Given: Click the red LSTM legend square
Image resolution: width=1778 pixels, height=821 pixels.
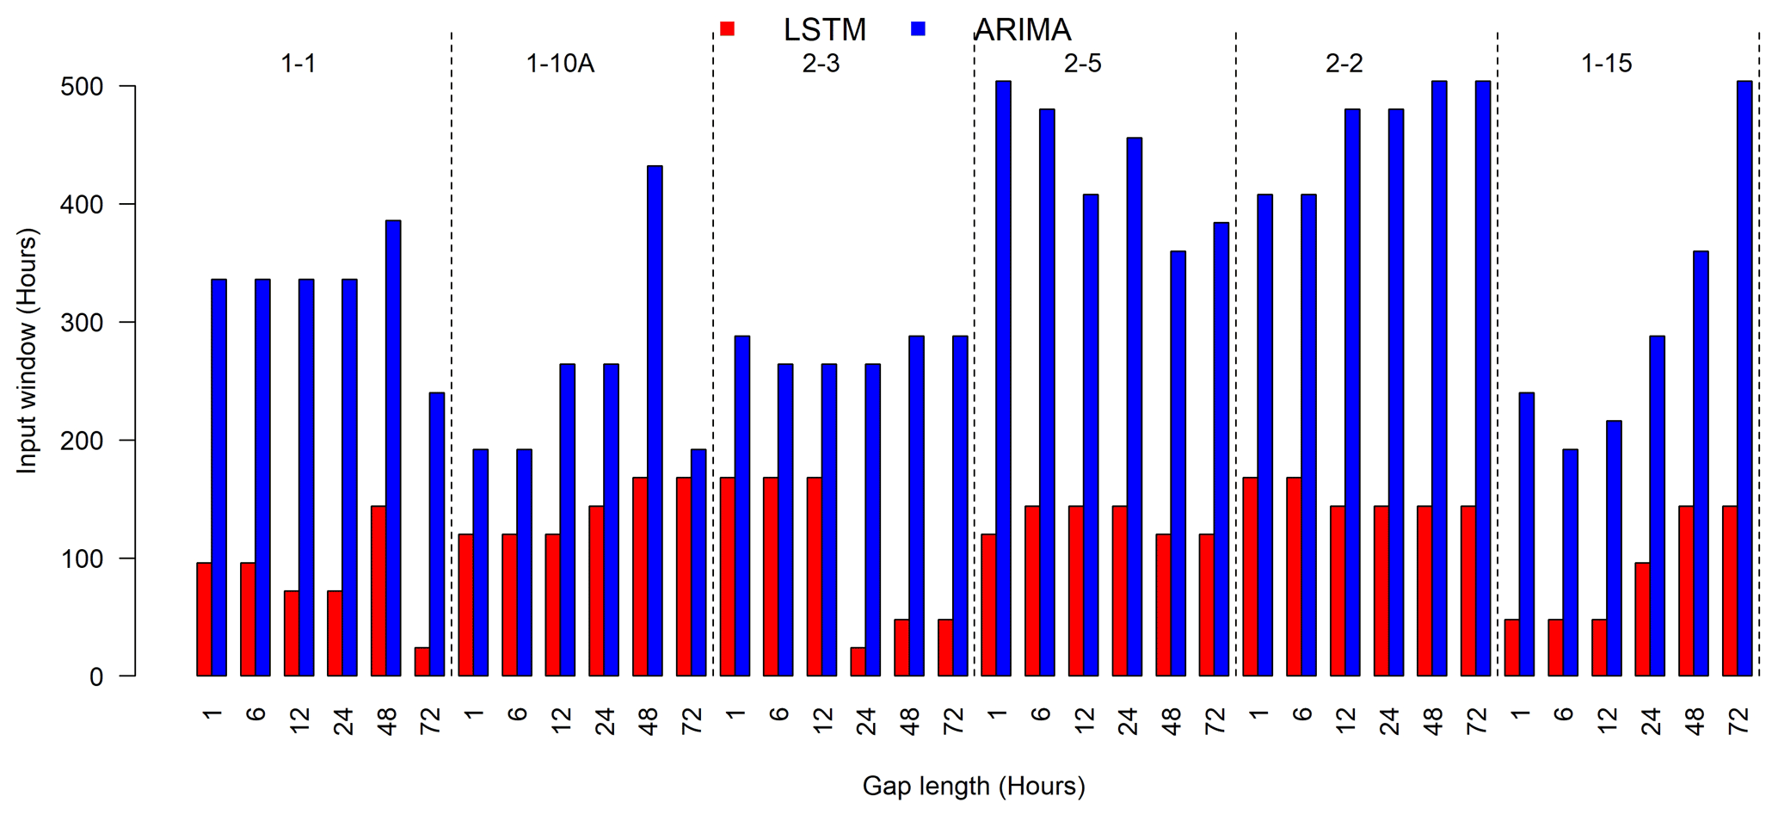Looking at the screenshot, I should pyautogui.click(x=727, y=29).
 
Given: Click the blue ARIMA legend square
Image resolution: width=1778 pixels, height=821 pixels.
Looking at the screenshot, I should pyautogui.click(x=918, y=29).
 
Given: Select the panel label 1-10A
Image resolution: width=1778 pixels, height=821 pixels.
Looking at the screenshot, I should pyautogui.click(x=560, y=64).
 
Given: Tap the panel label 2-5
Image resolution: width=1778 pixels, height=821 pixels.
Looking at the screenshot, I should pyautogui.click(x=1082, y=64).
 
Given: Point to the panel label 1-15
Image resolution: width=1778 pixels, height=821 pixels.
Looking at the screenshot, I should pyautogui.click(x=1606, y=64).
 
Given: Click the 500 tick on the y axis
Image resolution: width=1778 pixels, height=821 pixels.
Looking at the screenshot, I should pyautogui.click(x=81, y=87).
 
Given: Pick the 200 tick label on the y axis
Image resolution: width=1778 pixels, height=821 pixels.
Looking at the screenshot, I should pyautogui.click(x=81, y=441).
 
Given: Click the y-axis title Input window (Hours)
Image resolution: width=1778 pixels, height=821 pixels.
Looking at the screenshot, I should pyautogui.click(x=28, y=350).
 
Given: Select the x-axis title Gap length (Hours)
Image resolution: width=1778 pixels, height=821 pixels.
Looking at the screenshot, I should pyautogui.click(x=974, y=786).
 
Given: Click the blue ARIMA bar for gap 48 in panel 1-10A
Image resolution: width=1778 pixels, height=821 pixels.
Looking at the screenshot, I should pyautogui.click(x=655, y=421).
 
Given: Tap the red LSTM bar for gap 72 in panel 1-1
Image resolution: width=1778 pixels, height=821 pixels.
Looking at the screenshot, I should pyautogui.click(x=421, y=662).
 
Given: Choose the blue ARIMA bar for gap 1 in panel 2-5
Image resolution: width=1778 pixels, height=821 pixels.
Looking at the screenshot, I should pyautogui.click(x=1003, y=379).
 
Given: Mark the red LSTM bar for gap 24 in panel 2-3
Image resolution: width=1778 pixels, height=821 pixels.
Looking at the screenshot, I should pyautogui.click(x=858, y=662).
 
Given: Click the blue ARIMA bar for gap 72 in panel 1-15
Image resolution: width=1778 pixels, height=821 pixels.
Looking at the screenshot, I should pyautogui.click(x=1744, y=379).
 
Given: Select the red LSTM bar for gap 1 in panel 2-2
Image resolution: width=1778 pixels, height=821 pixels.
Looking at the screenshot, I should pyautogui.click(x=1250, y=577).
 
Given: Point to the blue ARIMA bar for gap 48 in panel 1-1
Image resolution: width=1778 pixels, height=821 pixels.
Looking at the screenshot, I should pyautogui.click(x=393, y=448).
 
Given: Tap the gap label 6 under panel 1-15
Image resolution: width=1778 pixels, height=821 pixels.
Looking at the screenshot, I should pyautogui.click(x=1563, y=713).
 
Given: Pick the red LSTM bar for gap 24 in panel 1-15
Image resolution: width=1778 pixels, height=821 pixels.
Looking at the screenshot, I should pyautogui.click(x=1642, y=620).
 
